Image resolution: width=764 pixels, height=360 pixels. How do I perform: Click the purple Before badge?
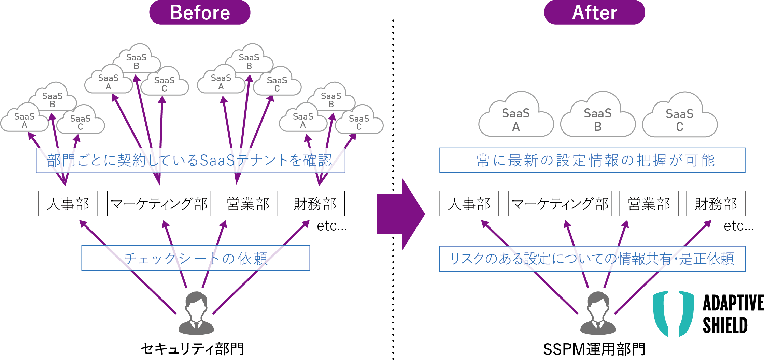click(x=200, y=13)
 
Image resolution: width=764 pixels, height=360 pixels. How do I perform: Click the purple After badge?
click(x=594, y=13)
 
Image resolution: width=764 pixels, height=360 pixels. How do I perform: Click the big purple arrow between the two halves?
click(x=400, y=214)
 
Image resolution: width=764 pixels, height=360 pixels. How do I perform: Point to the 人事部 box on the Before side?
click(x=68, y=204)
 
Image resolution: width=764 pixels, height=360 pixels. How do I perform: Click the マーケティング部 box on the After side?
click(x=560, y=204)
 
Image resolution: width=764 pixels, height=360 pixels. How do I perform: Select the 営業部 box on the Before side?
click(x=248, y=204)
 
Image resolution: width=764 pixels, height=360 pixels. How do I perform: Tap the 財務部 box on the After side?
click(x=716, y=204)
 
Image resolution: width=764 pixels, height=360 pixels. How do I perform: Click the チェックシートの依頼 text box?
click(x=196, y=258)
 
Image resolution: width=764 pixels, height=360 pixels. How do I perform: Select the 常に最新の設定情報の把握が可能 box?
click(x=592, y=160)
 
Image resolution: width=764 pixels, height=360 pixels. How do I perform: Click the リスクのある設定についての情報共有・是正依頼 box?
click(x=592, y=259)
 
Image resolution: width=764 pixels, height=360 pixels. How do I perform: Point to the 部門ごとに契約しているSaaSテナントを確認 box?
click(x=190, y=160)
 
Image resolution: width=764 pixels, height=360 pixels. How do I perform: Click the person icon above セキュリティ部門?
click(x=196, y=313)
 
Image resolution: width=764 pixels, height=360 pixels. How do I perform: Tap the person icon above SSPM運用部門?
click(x=598, y=313)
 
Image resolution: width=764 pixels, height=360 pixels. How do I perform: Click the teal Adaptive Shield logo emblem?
click(x=673, y=314)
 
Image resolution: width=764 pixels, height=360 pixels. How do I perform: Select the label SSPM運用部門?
click(x=594, y=349)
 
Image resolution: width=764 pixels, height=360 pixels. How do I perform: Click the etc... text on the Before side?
click(x=332, y=226)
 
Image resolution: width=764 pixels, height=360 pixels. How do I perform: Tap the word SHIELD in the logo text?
click(x=725, y=325)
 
